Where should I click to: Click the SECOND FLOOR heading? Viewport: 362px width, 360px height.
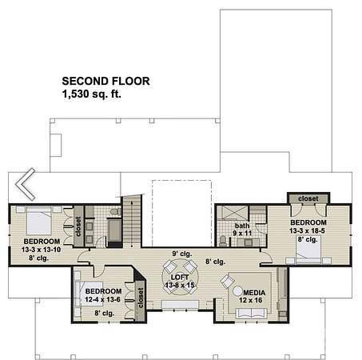pyautogui.click(x=105, y=81)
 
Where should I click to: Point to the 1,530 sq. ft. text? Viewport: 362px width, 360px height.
pyautogui.click(x=92, y=94)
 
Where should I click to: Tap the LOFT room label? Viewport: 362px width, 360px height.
pyautogui.click(x=180, y=278)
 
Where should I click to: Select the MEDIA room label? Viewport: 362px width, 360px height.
pyautogui.click(x=254, y=293)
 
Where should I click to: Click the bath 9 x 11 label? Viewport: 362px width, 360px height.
pyautogui.click(x=242, y=230)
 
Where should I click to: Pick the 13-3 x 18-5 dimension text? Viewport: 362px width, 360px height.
pyautogui.click(x=307, y=230)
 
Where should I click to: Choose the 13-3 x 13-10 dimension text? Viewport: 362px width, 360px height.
pyautogui.click(x=42, y=250)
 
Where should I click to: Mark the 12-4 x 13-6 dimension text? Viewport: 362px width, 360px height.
pyautogui.click(x=102, y=299)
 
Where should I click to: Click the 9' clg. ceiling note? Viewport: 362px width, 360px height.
pyautogui.click(x=182, y=254)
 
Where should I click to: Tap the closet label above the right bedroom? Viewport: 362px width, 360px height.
pyautogui.click(x=308, y=198)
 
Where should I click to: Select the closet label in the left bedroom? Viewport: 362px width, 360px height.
pyautogui.click(x=78, y=226)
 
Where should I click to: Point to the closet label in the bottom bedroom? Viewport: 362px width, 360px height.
pyautogui.click(x=141, y=298)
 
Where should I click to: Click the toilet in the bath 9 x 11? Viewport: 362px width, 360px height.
pyautogui.click(x=223, y=241)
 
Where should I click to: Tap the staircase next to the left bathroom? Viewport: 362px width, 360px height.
pyautogui.click(x=131, y=220)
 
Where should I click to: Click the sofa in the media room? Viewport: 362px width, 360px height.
pyautogui.click(x=252, y=313)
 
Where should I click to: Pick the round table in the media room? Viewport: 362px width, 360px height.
pyautogui.click(x=237, y=291)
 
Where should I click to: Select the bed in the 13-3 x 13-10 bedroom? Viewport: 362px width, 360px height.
pyautogui.click(x=39, y=220)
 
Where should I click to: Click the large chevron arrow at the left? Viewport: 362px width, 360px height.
pyautogui.click(x=25, y=184)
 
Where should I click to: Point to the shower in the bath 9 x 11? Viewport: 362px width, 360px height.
pyautogui.click(x=233, y=213)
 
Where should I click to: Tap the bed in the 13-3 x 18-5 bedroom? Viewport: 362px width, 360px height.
pyautogui.click(x=308, y=250)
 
